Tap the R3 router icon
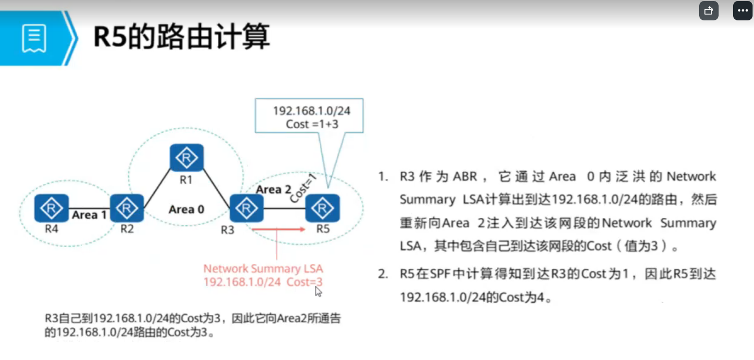tap(246, 209)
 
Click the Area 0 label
tap(186, 210)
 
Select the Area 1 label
tap(89, 214)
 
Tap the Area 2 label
tap(274, 189)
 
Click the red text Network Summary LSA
tap(263, 269)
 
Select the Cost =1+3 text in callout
tap(312, 124)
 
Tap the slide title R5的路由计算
tap(181, 37)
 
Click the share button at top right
tap(708, 11)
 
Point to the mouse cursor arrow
tap(318, 291)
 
